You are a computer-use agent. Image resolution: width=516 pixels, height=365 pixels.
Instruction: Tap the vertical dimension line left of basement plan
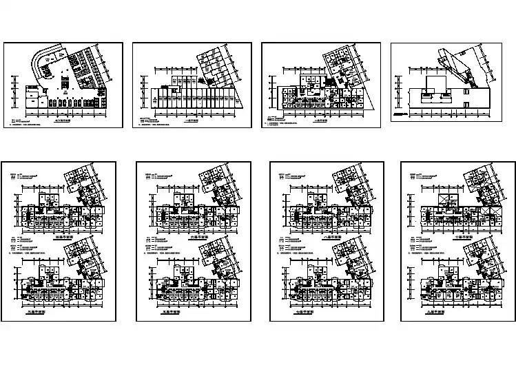[14, 93]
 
